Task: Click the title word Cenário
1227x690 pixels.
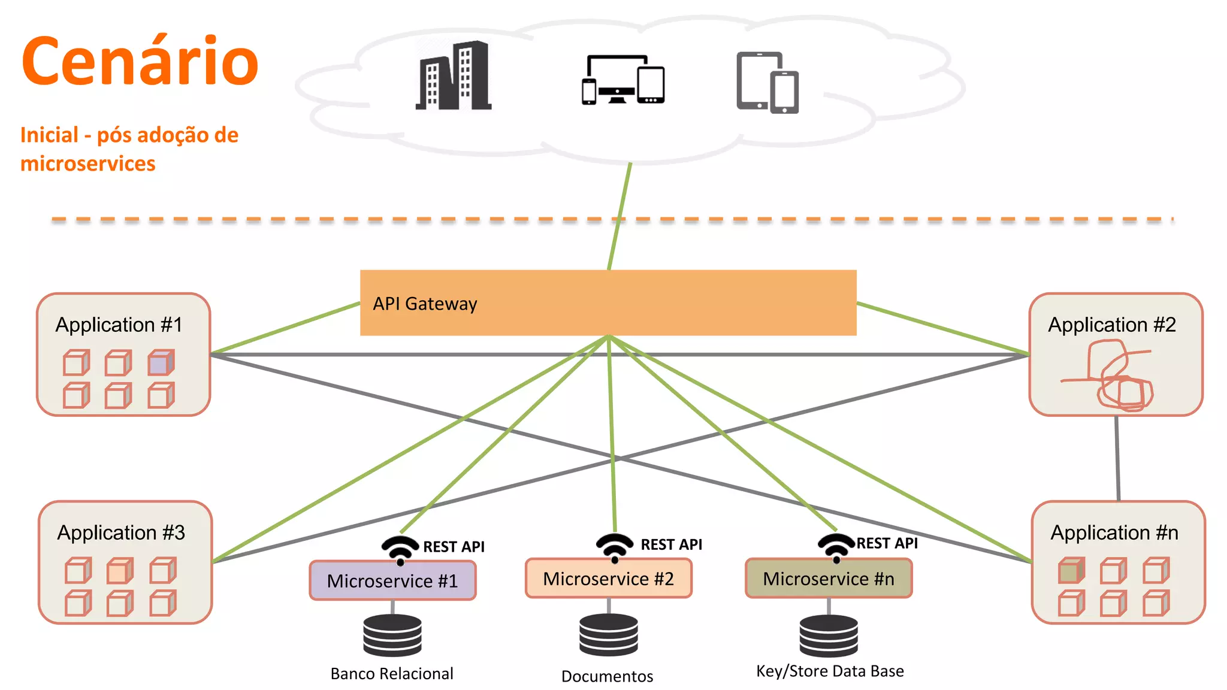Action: [x=140, y=61]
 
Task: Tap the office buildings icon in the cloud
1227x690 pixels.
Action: [x=454, y=77]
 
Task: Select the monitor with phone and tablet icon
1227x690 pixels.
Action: [x=623, y=80]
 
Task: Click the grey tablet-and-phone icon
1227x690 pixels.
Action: [x=767, y=83]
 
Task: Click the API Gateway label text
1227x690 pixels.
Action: [x=425, y=304]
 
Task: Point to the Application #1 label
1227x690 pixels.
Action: [x=119, y=325]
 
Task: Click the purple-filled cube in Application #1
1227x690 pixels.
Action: [x=161, y=363]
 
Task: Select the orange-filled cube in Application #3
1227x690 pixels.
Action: [x=120, y=571]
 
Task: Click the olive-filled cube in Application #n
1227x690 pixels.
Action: [x=1071, y=570]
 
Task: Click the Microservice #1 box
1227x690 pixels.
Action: [x=392, y=580]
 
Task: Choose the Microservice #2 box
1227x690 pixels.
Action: [x=608, y=579]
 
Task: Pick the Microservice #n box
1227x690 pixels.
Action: [x=829, y=579]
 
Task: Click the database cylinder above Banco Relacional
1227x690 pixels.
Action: [x=392, y=635]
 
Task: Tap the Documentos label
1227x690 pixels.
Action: [x=607, y=676]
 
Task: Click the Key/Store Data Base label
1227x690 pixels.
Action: [x=830, y=671]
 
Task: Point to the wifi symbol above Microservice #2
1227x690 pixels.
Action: [x=614, y=547]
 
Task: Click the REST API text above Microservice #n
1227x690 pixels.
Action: [x=887, y=543]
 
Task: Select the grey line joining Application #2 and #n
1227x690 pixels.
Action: [x=1117, y=458]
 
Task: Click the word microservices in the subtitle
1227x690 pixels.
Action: [x=88, y=164]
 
